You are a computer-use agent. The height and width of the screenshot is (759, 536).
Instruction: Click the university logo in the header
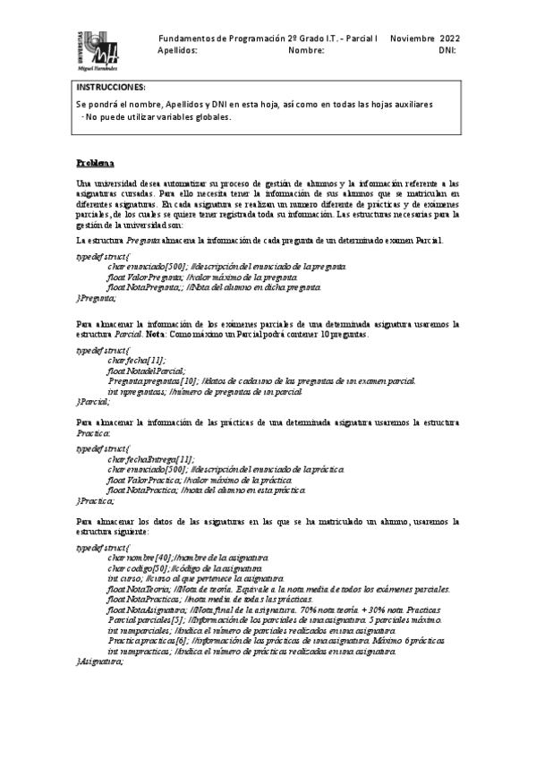(x=98, y=50)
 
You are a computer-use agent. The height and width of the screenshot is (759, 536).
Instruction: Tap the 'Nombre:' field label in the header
(x=306, y=51)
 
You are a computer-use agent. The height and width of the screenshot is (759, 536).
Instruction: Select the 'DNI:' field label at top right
(x=448, y=51)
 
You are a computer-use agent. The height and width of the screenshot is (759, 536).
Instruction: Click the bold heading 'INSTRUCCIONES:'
(x=111, y=87)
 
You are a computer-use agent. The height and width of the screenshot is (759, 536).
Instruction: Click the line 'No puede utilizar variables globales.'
(x=157, y=116)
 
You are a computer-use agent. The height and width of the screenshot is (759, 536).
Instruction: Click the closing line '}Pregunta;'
(x=97, y=298)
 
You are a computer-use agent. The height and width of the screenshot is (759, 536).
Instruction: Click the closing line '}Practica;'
(x=96, y=500)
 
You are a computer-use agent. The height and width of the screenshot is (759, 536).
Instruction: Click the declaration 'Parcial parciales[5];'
(x=148, y=618)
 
